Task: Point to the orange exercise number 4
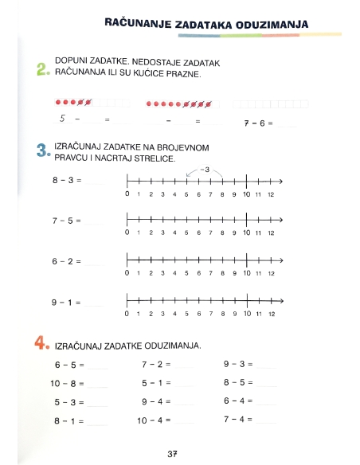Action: tap(41, 344)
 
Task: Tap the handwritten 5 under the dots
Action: tap(61, 119)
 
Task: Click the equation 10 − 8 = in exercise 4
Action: tap(69, 383)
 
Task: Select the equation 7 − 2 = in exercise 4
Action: tap(155, 364)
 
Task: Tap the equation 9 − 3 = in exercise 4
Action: tap(238, 364)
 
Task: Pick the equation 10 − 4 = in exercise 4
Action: tap(155, 420)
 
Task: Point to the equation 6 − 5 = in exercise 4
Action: tap(69, 365)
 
